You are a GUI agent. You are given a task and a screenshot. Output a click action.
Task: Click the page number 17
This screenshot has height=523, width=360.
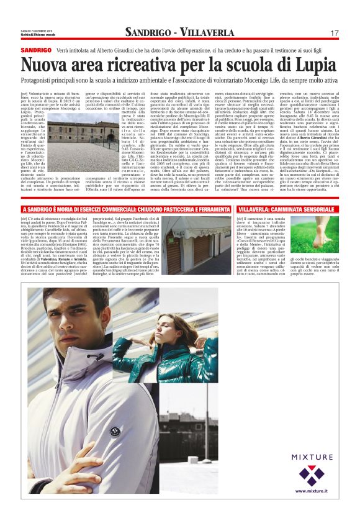335,32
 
